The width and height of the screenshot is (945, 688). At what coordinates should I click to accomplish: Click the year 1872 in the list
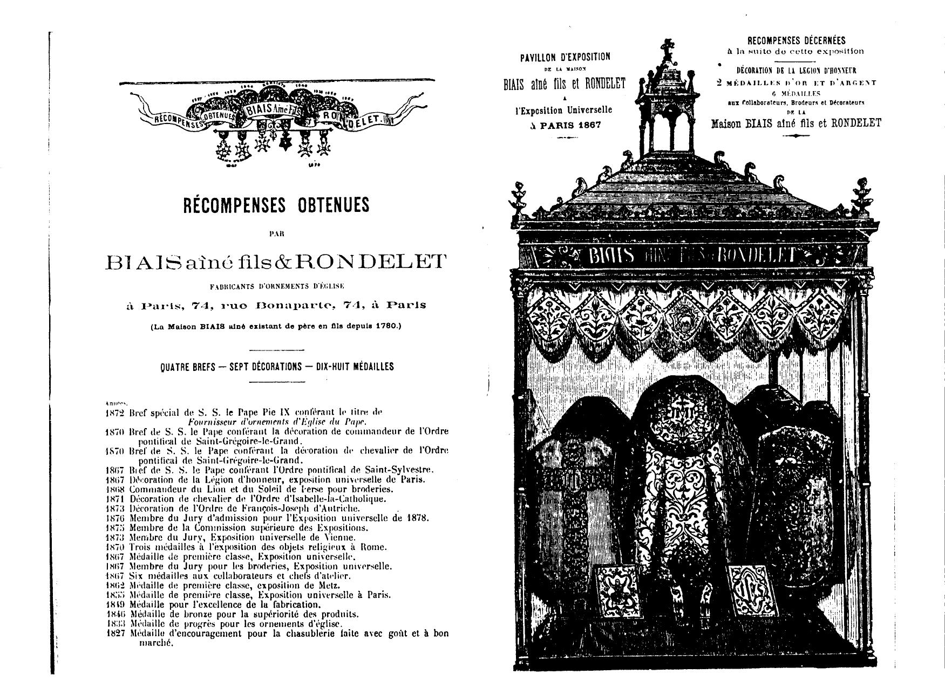click(x=115, y=413)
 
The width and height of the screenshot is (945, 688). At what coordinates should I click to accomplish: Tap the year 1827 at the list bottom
click(x=115, y=634)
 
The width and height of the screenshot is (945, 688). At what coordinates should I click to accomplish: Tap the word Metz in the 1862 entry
click(x=330, y=586)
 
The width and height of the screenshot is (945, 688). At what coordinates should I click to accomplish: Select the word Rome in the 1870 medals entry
click(x=376, y=547)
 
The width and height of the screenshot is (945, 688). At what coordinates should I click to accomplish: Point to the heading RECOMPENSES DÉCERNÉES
click(x=796, y=40)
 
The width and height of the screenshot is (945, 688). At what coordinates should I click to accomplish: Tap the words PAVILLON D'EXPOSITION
click(x=565, y=57)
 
